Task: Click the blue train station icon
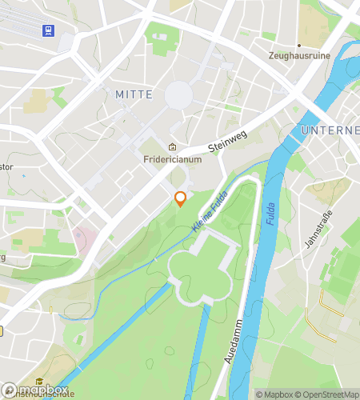pyautogui.click(x=49, y=30)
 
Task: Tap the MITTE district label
pyautogui.click(x=134, y=94)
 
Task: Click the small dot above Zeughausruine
pyautogui.click(x=299, y=46)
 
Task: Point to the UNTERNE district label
pyautogui.click(x=330, y=130)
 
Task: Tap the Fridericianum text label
pyautogui.click(x=172, y=158)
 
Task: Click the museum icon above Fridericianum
pyautogui.click(x=172, y=146)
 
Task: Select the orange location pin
pyautogui.click(x=181, y=198)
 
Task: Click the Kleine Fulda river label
pyautogui.click(x=206, y=215)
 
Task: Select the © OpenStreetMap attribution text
pyautogui.click(x=328, y=394)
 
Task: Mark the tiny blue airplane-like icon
pyautogui.click(x=22, y=175)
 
